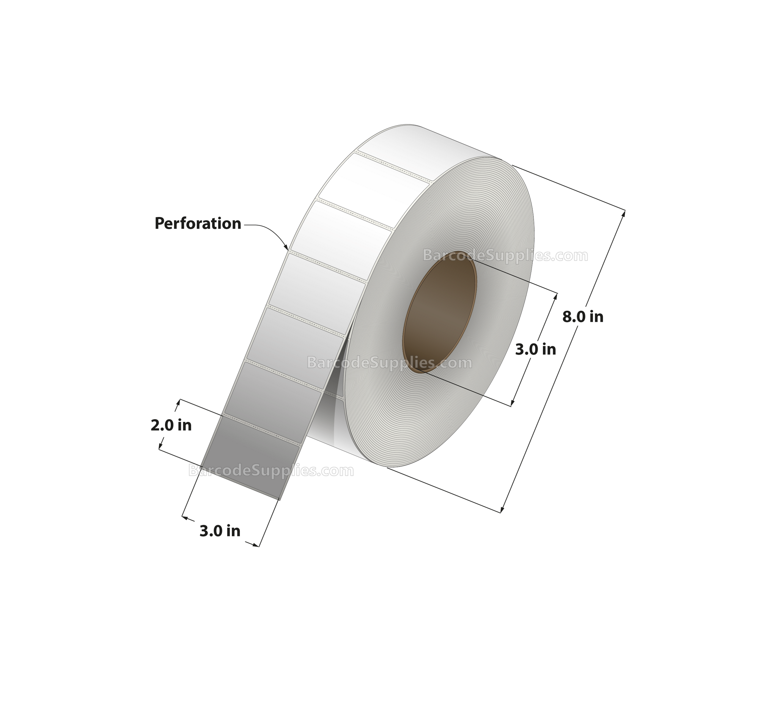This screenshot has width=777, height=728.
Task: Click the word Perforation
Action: click(198, 224)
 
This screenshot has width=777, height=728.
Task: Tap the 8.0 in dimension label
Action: click(583, 316)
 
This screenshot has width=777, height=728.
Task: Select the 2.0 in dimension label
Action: click(171, 425)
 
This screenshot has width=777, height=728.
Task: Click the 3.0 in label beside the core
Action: click(535, 349)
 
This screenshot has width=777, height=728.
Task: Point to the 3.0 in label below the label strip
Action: click(220, 531)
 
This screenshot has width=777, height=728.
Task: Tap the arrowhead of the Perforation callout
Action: click(286, 247)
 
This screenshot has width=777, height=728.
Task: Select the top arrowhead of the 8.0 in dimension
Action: click(623, 214)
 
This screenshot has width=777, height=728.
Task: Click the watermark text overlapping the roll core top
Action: click(505, 256)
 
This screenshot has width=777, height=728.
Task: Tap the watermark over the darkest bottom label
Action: click(271, 470)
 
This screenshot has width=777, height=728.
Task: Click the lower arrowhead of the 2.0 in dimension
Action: click(160, 446)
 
